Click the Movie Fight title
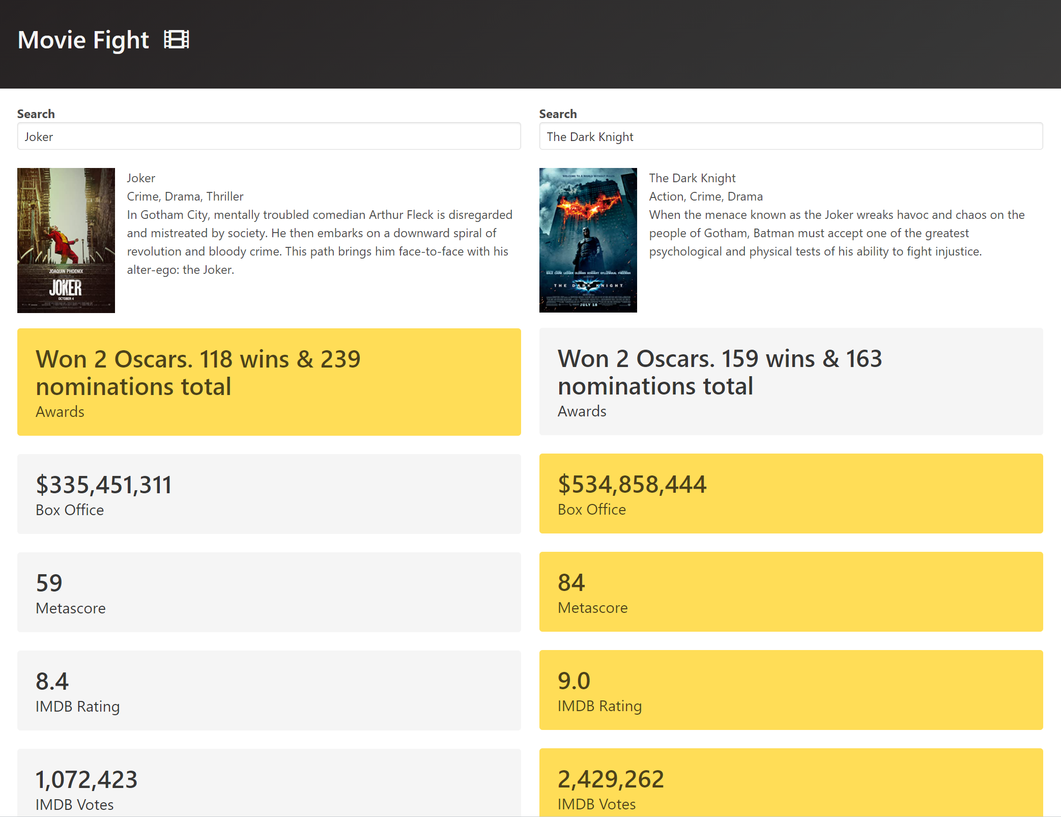pyautogui.click(x=83, y=40)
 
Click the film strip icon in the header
pyautogui.click(x=176, y=39)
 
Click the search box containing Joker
pyautogui.click(x=269, y=136)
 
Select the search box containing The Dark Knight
pyautogui.click(x=791, y=136)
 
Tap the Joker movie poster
pyautogui.click(x=66, y=240)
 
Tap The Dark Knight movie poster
pyautogui.click(x=588, y=240)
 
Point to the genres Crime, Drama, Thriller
pyautogui.click(x=185, y=196)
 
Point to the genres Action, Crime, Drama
pyautogui.click(x=706, y=196)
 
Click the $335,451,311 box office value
pyautogui.click(x=104, y=485)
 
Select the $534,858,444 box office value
pyautogui.click(x=632, y=484)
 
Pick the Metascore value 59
pyautogui.click(x=49, y=583)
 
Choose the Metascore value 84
pyautogui.click(x=571, y=582)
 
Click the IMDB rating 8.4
pyautogui.click(x=52, y=681)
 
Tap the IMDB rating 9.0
pyautogui.click(x=573, y=681)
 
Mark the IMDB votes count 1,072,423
pyautogui.click(x=87, y=779)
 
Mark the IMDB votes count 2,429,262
pyautogui.click(x=611, y=779)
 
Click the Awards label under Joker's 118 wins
pyautogui.click(x=60, y=412)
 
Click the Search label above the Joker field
pyautogui.click(x=36, y=114)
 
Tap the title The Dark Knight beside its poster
pyautogui.click(x=692, y=178)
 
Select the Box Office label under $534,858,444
pyautogui.click(x=592, y=510)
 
